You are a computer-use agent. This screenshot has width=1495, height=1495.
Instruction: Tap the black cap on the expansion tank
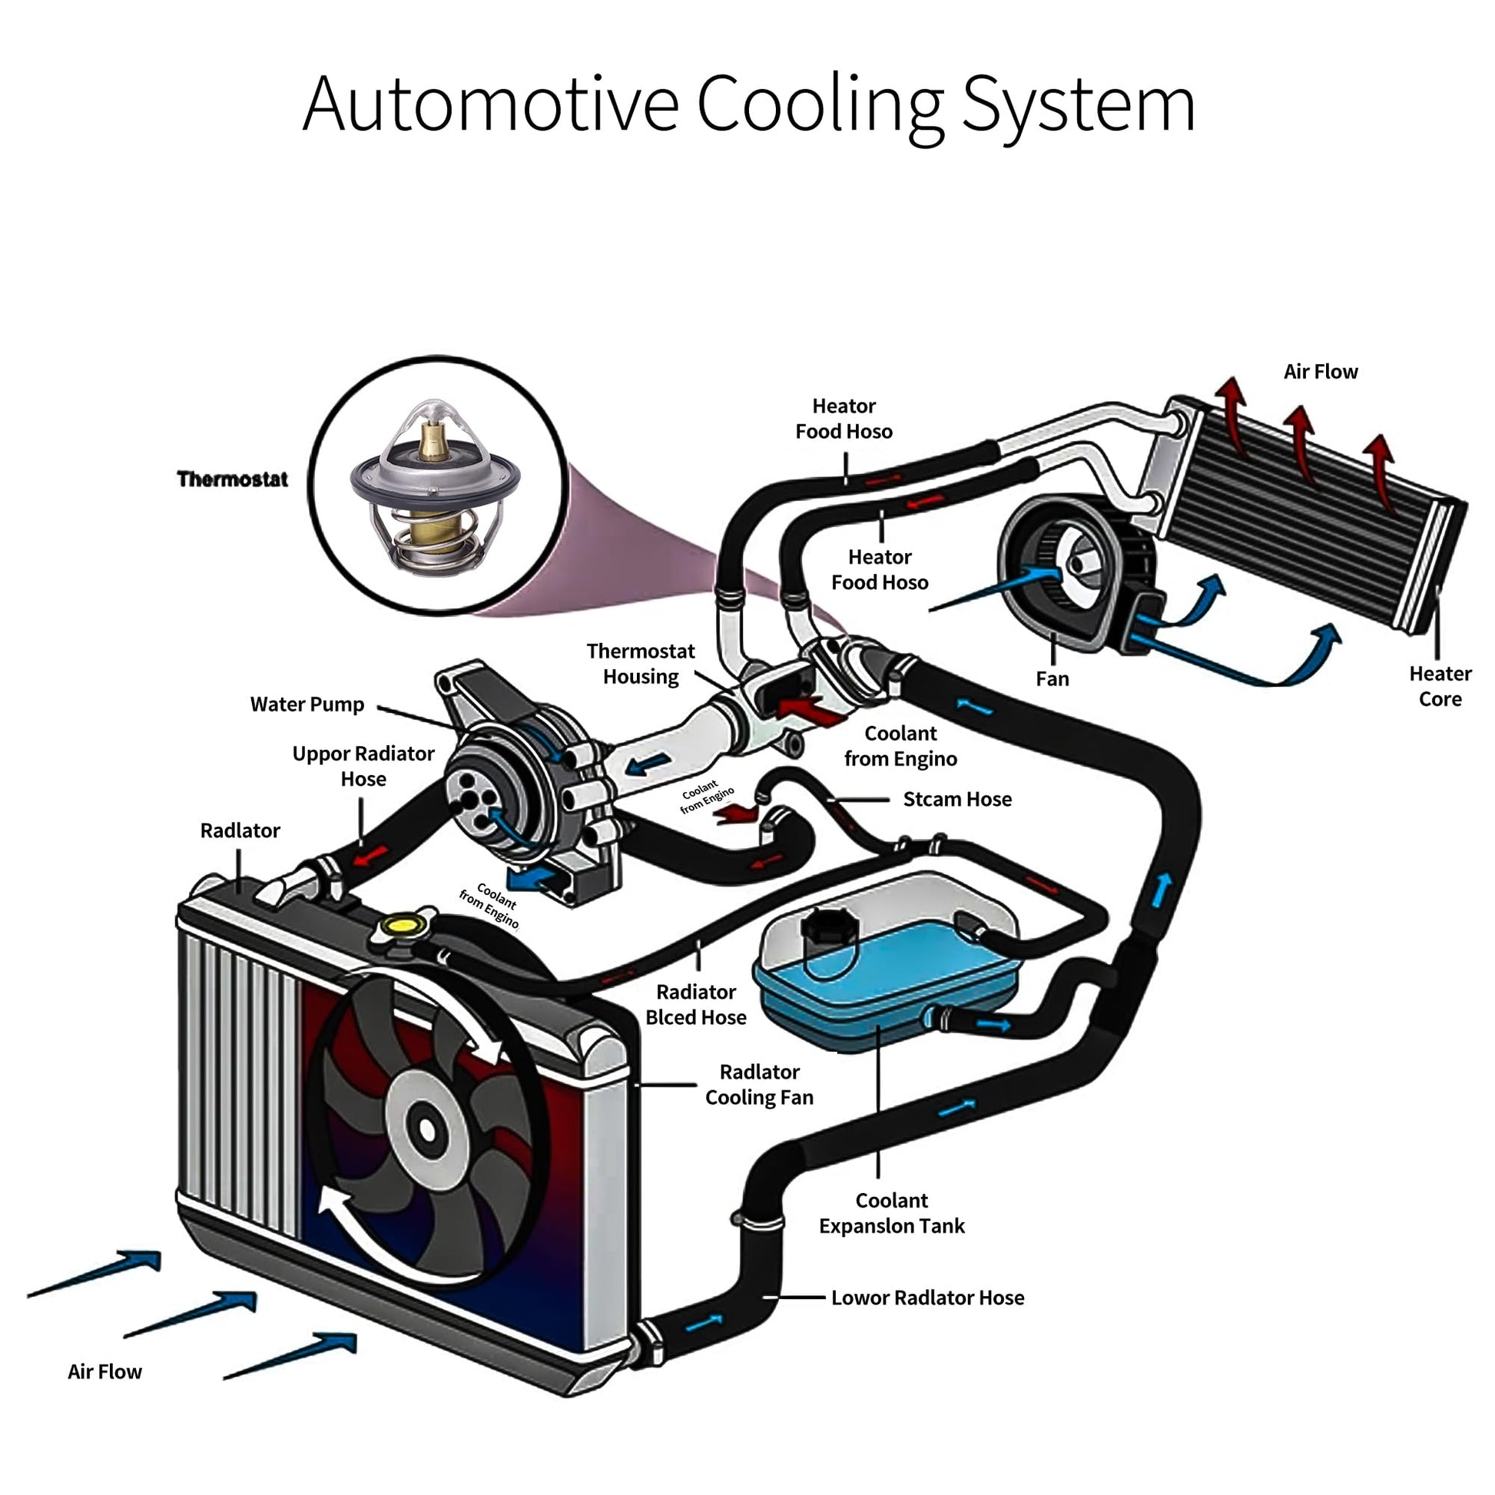tap(829, 926)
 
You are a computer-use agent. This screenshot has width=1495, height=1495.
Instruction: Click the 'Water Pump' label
tap(307, 704)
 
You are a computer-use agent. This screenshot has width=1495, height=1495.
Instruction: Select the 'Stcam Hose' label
tap(957, 799)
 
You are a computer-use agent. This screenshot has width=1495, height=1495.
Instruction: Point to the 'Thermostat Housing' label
tap(641, 664)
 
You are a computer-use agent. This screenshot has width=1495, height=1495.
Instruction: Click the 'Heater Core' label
tap(1439, 686)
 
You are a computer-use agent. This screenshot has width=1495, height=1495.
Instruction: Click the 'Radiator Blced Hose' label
tap(696, 1004)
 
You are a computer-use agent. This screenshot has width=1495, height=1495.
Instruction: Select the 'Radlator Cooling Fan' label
tap(759, 1084)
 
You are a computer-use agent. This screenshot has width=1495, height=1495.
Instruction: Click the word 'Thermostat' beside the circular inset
tap(232, 479)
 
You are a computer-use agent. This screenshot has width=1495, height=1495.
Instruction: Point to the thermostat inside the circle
tap(433, 488)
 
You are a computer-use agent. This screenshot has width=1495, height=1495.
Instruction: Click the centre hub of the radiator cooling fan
tap(426, 1129)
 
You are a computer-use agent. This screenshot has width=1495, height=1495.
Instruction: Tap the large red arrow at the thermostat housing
tap(810, 711)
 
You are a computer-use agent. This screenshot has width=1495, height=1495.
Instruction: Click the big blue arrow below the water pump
tap(534, 878)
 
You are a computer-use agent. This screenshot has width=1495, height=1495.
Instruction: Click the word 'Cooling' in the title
tap(820, 104)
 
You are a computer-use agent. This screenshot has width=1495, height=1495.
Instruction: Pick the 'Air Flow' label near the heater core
tap(1320, 372)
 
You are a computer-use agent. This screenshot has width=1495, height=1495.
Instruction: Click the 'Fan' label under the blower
tap(1052, 679)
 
